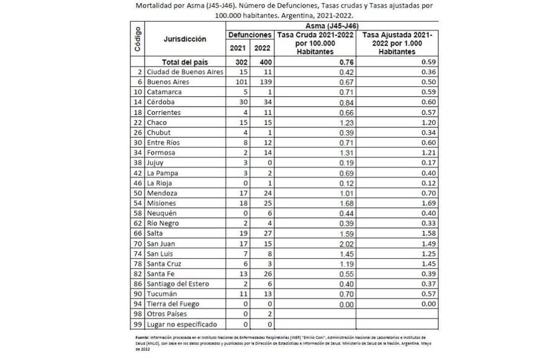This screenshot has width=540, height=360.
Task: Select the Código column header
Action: click(137, 39)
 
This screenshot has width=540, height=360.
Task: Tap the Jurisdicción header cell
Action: click(184, 39)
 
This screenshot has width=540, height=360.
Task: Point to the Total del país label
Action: click(184, 61)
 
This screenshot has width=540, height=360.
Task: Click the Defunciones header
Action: click(250, 35)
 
